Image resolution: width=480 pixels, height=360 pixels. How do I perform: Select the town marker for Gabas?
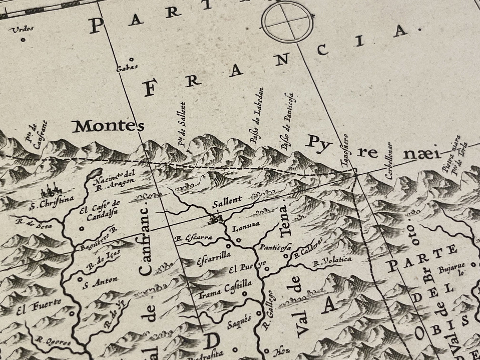click(x=131, y=60)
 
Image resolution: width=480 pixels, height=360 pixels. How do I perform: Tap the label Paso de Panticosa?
click(x=288, y=121)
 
